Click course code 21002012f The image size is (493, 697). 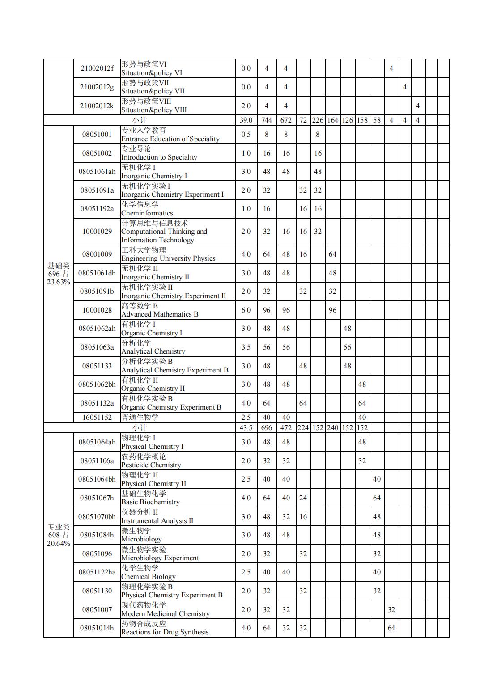tap(97, 68)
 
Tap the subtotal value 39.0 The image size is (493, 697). tap(246, 120)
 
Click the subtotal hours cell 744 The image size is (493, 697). tap(267, 120)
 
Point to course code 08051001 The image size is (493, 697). tap(97, 135)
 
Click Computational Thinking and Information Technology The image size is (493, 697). tap(164, 232)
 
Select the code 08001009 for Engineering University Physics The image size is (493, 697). tap(97, 254)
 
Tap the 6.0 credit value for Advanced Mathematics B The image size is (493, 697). tap(246, 310)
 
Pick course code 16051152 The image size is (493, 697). tap(97, 418)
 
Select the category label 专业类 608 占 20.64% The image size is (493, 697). tap(59, 535)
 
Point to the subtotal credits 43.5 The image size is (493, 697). tap(246, 427)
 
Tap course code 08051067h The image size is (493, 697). tap(97, 498)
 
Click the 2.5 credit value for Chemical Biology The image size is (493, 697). tap(246, 572)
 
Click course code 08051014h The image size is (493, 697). tap(97, 628)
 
